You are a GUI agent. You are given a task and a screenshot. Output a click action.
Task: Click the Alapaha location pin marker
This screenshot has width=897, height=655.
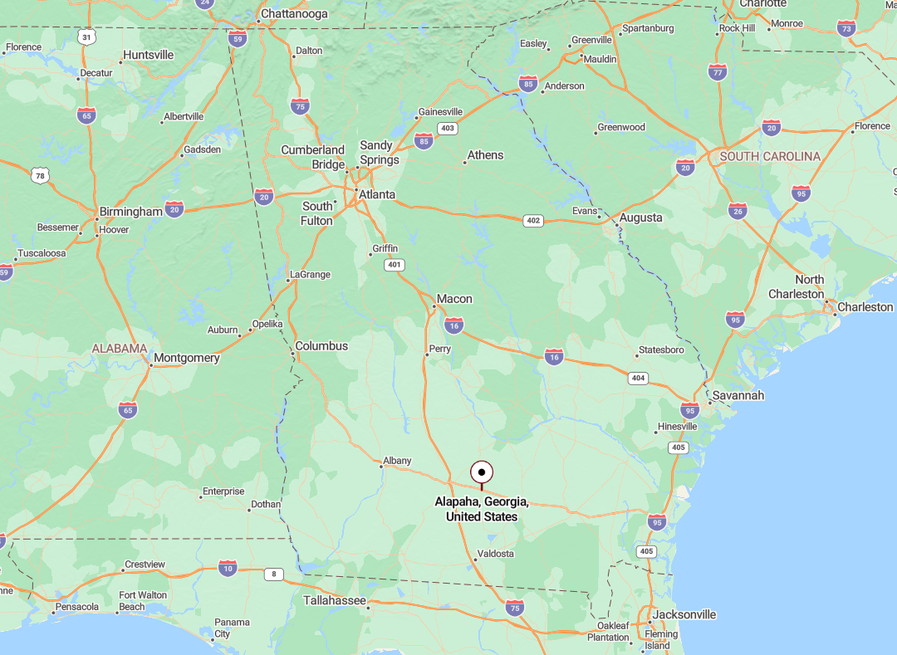(x=482, y=472)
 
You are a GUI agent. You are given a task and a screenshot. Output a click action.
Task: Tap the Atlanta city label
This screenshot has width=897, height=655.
(x=376, y=195)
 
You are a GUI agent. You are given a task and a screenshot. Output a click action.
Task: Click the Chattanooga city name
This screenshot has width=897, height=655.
(x=294, y=14)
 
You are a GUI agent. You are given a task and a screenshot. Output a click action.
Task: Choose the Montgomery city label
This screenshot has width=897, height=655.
(x=187, y=358)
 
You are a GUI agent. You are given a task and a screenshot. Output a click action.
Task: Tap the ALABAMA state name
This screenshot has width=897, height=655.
(x=120, y=349)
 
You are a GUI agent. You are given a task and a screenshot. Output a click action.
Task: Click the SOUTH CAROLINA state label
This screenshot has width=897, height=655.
(x=770, y=156)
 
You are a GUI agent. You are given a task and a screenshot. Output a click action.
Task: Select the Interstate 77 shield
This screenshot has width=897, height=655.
(x=718, y=71)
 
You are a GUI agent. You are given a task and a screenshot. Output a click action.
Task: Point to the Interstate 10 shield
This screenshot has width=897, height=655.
(x=228, y=568)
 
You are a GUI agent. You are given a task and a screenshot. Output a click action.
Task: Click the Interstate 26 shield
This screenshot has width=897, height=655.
(x=738, y=210)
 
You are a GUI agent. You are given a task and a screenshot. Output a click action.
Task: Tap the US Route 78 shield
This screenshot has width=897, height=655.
(x=40, y=175)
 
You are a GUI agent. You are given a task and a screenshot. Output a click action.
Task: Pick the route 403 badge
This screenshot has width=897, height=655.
(x=448, y=129)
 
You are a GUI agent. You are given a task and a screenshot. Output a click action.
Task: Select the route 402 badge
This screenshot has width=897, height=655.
(x=533, y=220)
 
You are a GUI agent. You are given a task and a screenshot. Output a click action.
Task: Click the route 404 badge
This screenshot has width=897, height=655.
(x=638, y=378)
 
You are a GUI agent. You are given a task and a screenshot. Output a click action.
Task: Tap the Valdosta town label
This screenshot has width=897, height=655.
(x=496, y=554)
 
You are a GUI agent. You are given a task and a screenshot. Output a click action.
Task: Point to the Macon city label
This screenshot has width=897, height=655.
(x=454, y=299)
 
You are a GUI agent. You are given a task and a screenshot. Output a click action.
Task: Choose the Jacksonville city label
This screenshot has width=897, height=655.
(x=684, y=615)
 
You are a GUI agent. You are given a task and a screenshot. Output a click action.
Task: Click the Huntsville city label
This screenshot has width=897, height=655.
(x=148, y=55)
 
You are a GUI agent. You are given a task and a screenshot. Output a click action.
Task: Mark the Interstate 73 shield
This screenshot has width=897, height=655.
(x=846, y=28)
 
